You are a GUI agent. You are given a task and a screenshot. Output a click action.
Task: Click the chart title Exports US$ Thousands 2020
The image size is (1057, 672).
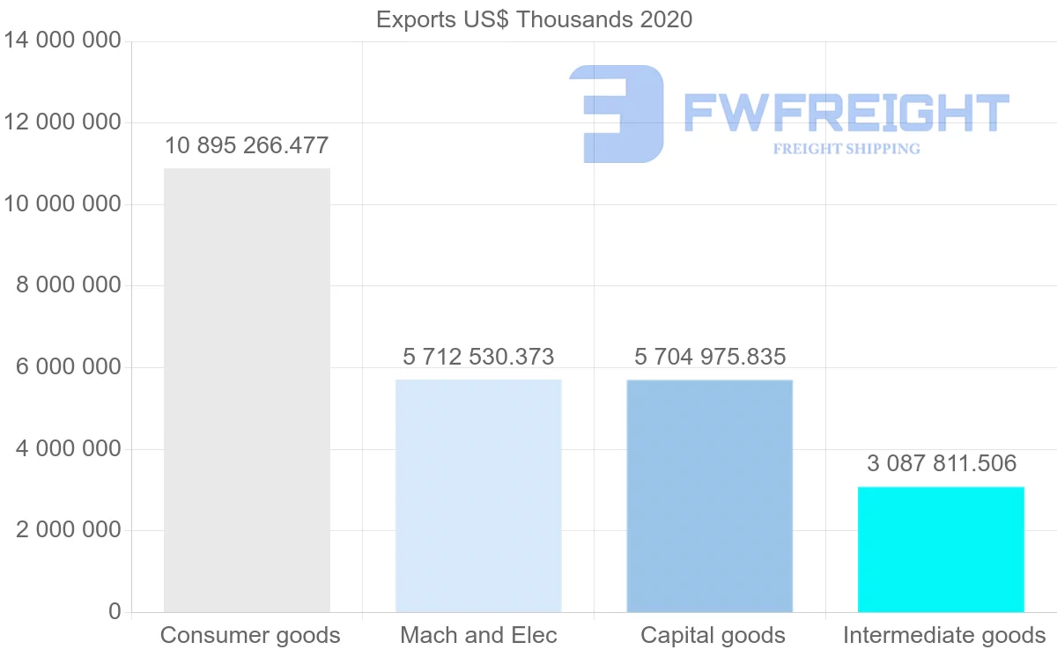534,19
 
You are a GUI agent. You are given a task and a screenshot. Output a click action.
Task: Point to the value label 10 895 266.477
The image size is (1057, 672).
247,145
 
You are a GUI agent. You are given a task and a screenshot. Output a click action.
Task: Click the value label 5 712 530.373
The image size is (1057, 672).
478,357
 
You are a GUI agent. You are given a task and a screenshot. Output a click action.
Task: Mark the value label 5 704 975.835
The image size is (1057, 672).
710,357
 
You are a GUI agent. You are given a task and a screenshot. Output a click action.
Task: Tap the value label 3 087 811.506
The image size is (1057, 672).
941,463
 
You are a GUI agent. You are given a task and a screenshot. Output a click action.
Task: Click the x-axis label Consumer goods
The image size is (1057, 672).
250,635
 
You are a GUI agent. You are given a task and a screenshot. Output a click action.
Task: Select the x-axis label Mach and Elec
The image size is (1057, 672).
478,635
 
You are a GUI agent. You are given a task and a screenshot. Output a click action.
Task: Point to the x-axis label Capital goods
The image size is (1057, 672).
713,635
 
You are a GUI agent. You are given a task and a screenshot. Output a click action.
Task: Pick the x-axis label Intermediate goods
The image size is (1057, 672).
944,635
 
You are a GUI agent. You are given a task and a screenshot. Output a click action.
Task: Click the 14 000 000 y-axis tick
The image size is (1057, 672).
62,41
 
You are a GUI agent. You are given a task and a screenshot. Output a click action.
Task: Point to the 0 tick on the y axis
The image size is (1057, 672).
115,611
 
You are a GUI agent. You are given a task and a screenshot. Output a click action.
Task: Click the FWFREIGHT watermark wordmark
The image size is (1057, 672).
846,113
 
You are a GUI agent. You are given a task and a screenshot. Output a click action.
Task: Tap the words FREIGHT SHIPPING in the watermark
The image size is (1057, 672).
846,149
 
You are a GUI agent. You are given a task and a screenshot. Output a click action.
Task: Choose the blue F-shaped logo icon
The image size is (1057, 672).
617,114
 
